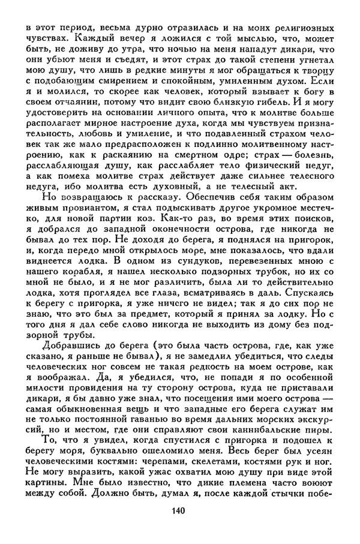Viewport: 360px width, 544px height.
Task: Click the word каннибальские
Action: coord(249,469)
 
